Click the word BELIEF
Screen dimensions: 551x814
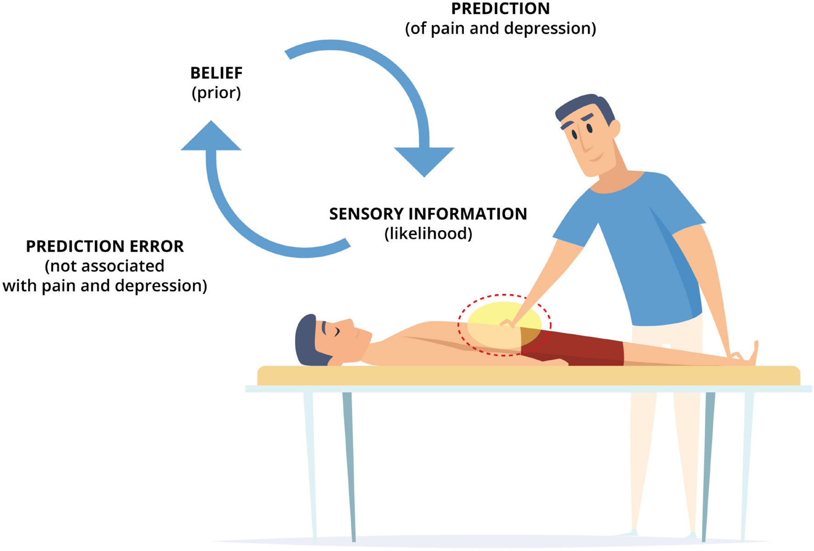[216, 73]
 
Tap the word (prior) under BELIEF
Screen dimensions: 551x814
[216, 93]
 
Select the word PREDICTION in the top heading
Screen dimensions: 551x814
[500, 9]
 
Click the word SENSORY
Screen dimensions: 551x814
[366, 214]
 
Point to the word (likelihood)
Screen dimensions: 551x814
[428, 234]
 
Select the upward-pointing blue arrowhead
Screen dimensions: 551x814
[211, 137]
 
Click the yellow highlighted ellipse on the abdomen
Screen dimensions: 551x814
[492, 317]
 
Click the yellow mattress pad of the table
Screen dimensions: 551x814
[528, 376]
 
